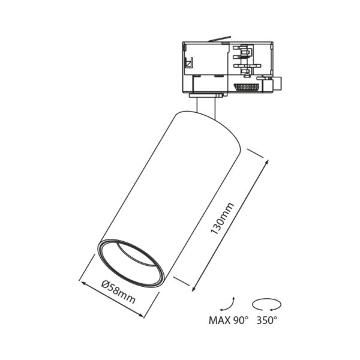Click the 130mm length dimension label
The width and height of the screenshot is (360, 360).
tap(222, 218)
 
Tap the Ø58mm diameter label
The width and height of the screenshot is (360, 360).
tap(118, 292)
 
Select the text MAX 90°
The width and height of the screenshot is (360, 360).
tap(229, 320)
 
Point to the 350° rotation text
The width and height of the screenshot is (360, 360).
tap(266, 320)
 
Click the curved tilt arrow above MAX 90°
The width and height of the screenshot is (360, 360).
tap(230, 305)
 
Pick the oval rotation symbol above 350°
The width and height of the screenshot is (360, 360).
tap(266, 304)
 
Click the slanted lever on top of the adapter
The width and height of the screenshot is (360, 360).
tap(219, 39)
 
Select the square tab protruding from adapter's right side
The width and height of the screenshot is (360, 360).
tap(277, 84)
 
